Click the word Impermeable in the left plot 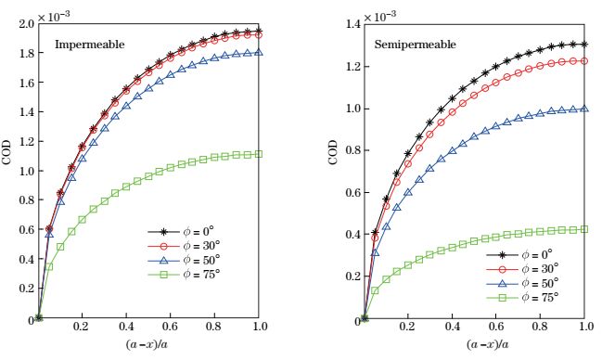(x=89, y=44)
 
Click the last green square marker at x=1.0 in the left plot (x=259, y=154)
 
